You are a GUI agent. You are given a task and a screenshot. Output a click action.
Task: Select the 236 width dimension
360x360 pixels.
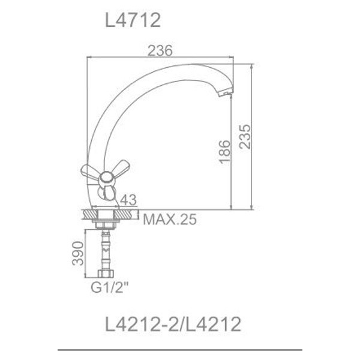(x=160, y=52)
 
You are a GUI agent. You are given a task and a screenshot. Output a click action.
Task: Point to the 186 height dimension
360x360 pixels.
(x=224, y=152)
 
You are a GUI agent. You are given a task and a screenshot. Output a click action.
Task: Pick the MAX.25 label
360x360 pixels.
(x=170, y=220)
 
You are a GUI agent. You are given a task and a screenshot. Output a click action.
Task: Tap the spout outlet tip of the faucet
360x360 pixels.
(x=224, y=93)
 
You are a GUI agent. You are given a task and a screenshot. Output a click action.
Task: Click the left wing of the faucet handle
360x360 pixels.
(x=90, y=171)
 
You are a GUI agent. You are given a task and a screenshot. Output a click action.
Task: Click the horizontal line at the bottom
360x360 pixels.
(x=180, y=349)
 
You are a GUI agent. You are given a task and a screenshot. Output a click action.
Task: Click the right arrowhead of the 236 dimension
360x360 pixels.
(x=230, y=58)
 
